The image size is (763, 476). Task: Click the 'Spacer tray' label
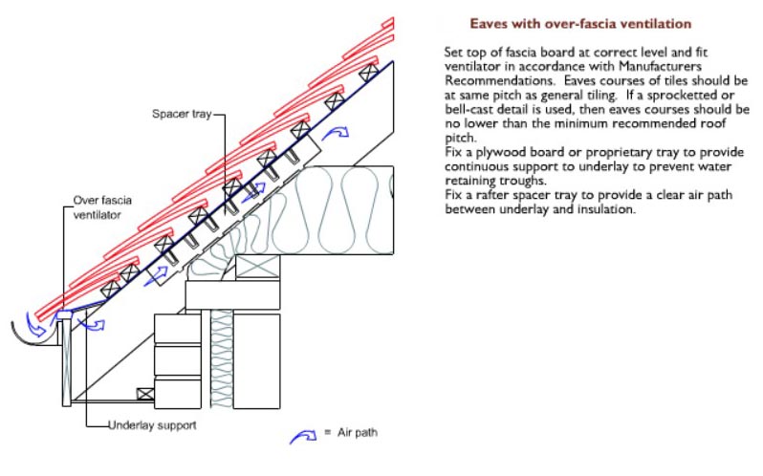point(179,114)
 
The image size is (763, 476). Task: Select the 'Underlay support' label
point(153,425)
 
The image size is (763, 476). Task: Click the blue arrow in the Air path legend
point(304,436)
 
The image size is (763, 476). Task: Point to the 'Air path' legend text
point(360,434)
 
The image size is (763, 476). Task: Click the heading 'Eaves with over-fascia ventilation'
point(580,22)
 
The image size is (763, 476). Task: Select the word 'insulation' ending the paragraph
point(604,211)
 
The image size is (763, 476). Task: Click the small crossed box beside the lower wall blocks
point(143,393)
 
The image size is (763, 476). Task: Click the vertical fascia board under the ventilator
point(66,363)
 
